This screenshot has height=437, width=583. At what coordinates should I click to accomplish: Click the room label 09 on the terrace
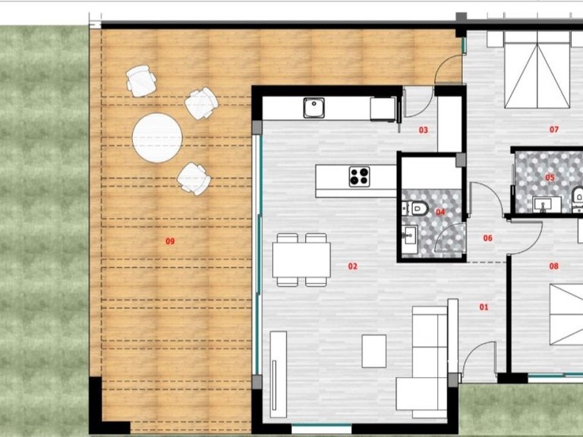(x=170, y=241)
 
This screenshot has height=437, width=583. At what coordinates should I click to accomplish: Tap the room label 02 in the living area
(x=352, y=266)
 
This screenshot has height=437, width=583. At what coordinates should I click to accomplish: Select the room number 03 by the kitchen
(x=423, y=130)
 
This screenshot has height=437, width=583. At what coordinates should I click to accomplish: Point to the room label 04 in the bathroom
(x=440, y=212)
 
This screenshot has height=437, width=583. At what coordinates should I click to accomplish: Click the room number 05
(x=550, y=178)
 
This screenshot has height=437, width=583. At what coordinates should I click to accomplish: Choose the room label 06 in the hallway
(x=487, y=238)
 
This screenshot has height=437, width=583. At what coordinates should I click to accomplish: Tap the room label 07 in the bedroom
(x=553, y=129)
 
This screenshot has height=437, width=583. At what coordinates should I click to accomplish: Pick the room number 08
(x=553, y=266)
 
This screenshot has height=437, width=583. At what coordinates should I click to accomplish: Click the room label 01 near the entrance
(x=484, y=307)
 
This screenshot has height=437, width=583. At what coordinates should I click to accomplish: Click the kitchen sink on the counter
(x=314, y=108)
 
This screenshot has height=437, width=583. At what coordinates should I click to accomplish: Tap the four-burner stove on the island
(x=359, y=177)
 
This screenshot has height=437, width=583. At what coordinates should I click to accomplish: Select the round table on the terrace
(x=157, y=138)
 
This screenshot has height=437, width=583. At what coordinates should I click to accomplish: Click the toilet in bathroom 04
(x=416, y=209)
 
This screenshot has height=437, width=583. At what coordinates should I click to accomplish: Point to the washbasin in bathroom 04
(x=410, y=235)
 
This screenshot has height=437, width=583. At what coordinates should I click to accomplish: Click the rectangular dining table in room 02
(x=301, y=259)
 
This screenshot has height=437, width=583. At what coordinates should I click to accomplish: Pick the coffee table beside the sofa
(x=374, y=351)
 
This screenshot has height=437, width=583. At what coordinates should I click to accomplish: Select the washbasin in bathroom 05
(x=547, y=205)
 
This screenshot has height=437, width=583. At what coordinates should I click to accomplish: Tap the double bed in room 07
(x=537, y=70)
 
